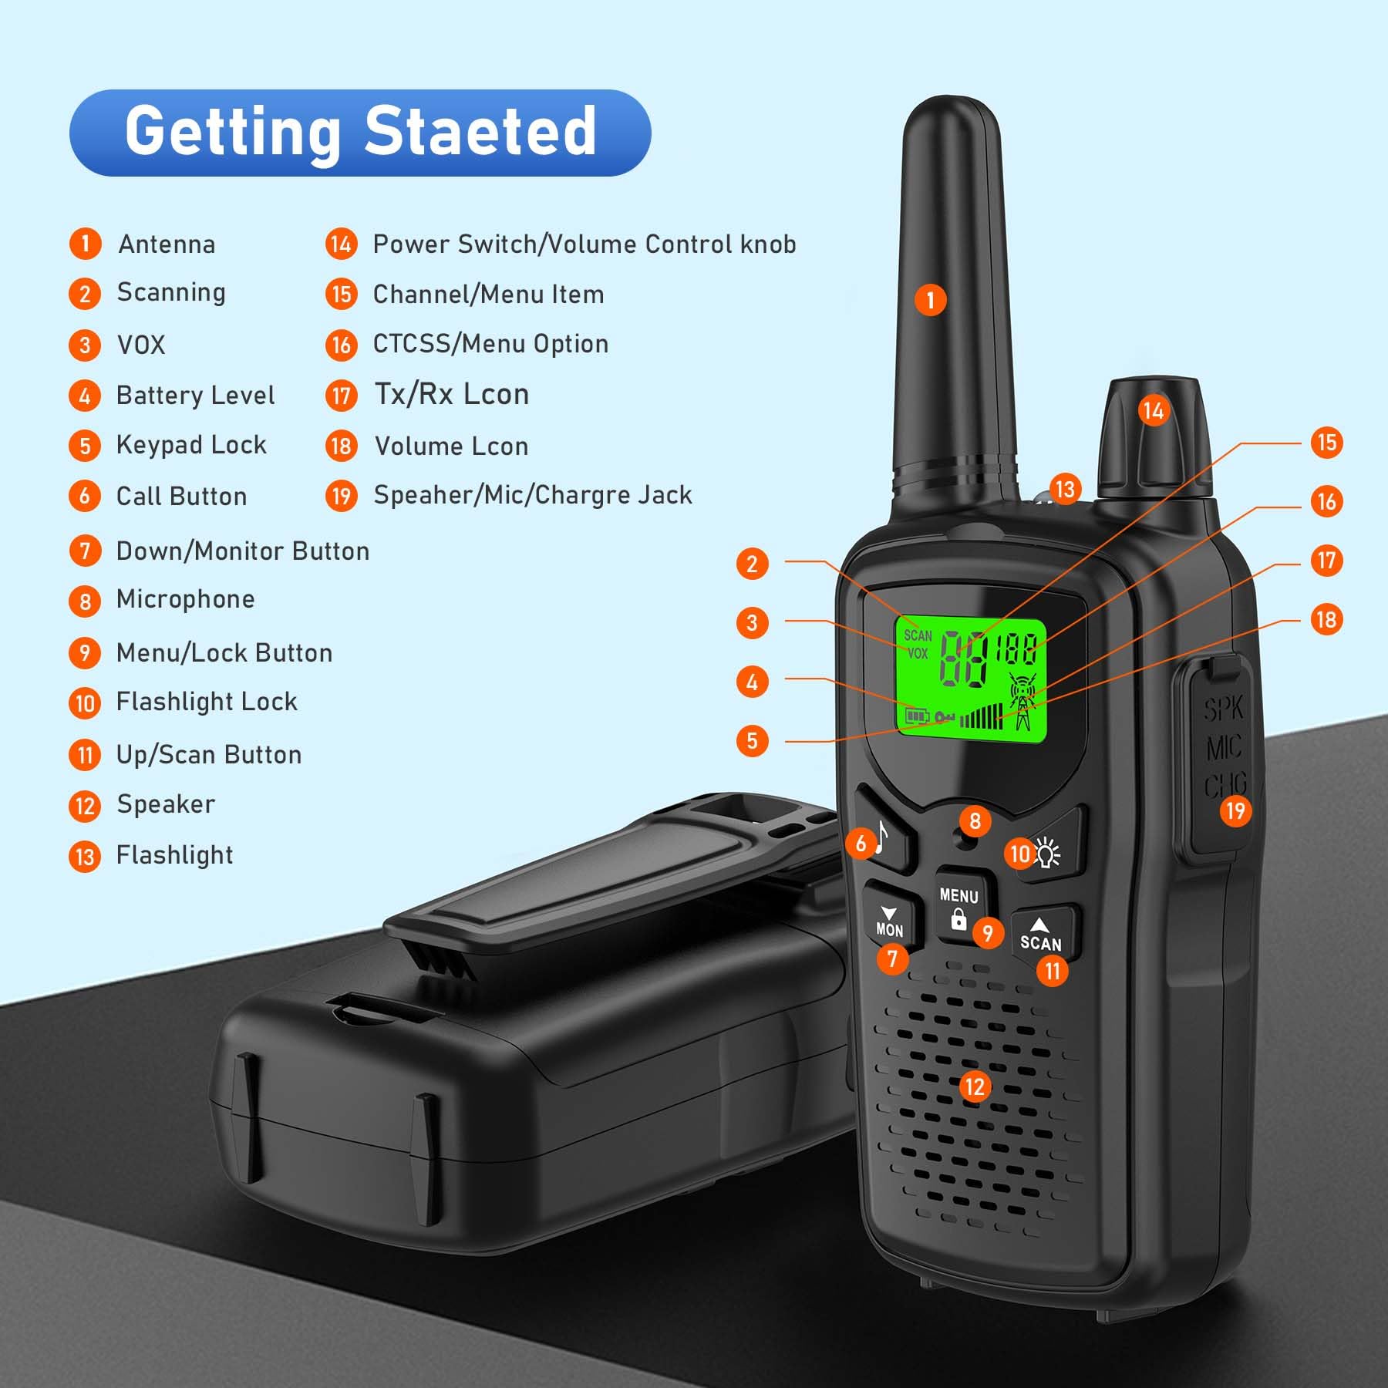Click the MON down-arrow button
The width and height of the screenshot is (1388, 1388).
tap(890, 921)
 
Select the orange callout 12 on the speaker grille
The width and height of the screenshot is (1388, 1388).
tap(975, 1086)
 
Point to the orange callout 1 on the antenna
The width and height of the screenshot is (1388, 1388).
tap(931, 300)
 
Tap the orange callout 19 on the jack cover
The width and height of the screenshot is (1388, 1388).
tap(1235, 810)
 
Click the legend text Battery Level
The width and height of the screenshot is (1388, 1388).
tap(195, 396)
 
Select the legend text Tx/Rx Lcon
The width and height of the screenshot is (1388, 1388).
tap(452, 394)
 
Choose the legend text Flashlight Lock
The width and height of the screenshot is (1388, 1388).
tap(207, 702)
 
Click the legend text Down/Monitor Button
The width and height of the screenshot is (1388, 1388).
tap(243, 551)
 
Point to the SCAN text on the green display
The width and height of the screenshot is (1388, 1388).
tap(918, 635)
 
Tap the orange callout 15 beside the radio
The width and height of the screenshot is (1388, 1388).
tap(1326, 443)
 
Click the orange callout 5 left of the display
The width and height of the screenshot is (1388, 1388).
tap(752, 741)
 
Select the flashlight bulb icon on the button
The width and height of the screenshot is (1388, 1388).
tap(1047, 854)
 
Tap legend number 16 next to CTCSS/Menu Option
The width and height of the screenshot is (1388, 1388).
tap(341, 345)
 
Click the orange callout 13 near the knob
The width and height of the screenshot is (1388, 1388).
tap(1065, 489)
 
